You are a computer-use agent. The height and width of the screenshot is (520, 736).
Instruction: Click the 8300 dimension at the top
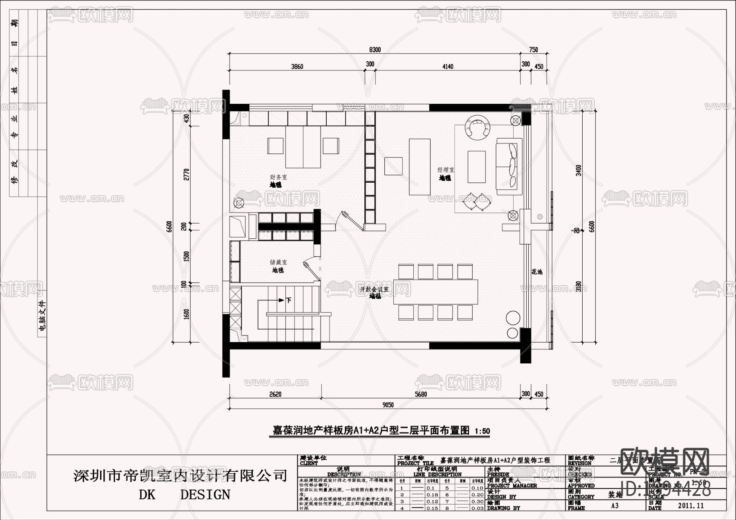[375, 50]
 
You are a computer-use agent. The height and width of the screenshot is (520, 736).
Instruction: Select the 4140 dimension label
[447, 67]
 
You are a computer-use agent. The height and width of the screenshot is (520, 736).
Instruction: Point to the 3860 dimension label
[297, 67]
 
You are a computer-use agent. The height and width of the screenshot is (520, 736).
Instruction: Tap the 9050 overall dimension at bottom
[388, 405]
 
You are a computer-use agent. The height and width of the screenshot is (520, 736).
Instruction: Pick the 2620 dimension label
[275, 394]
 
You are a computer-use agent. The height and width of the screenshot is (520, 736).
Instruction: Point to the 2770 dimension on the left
[187, 175]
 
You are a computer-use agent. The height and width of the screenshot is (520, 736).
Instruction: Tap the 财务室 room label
[278, 177]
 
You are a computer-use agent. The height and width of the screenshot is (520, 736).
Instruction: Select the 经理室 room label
[446, 170]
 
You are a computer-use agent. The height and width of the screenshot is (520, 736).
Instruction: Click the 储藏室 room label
[278, 262]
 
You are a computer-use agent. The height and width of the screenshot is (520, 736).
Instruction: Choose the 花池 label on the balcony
[536, 271]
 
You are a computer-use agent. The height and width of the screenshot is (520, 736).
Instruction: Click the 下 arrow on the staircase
[288, 300]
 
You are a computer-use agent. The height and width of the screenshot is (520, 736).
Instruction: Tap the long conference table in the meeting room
[435, 292]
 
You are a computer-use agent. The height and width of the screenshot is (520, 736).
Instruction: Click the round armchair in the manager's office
[477, 127]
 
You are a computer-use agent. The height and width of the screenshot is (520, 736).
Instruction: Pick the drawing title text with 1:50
[381, 430]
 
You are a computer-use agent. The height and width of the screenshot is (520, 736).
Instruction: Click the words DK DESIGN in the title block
[184, 495]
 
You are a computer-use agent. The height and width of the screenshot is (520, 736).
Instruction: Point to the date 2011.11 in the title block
[691, 506]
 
